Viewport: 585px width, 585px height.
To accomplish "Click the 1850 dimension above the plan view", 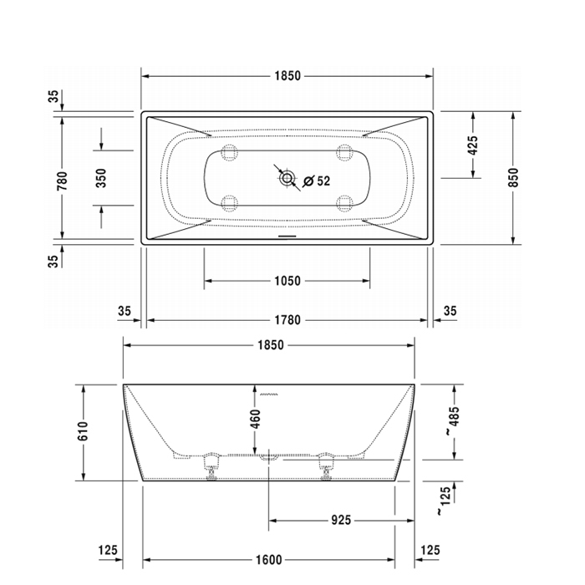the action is click(x=287, y=76).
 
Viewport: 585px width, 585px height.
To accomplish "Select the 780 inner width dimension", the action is click(x=63, y=181).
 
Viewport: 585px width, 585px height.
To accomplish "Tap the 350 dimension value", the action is click(x=101, y=178).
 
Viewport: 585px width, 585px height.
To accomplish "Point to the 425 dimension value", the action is click(x=472, y=145).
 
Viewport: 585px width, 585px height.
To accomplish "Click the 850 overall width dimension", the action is click(x=513, y=177).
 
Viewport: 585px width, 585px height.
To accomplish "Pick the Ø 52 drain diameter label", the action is click(x=317, y=181).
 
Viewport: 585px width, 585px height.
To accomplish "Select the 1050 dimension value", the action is click(x=287, y=281).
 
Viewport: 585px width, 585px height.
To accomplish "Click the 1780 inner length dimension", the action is click(x=287, y=320).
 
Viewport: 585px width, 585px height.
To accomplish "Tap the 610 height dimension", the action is click(x=83, y=431).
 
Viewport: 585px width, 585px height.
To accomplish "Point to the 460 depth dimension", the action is click(x=255, y=419).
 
